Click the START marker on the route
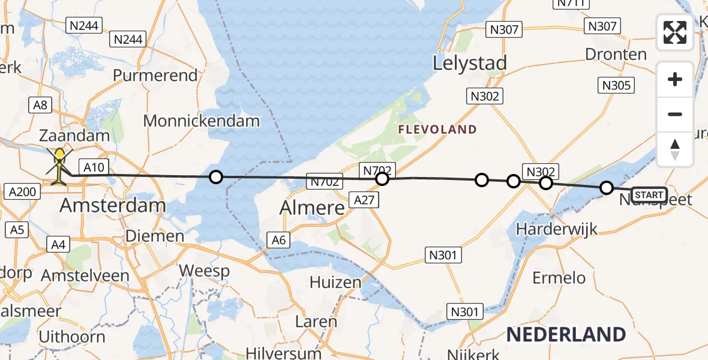pos(649,194)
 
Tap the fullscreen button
pos(675,32)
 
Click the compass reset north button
pos(675,149)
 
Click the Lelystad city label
pos(470,63)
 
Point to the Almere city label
pos(312,208)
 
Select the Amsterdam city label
pos(113,205)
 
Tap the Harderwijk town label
pos(551,229)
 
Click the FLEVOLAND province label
pos(437,130)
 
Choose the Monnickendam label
pos(201,121)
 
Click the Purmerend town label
pos(155,76)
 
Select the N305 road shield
pos(616,86)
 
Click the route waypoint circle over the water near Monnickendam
pos(215,177)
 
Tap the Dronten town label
pos(616,55)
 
